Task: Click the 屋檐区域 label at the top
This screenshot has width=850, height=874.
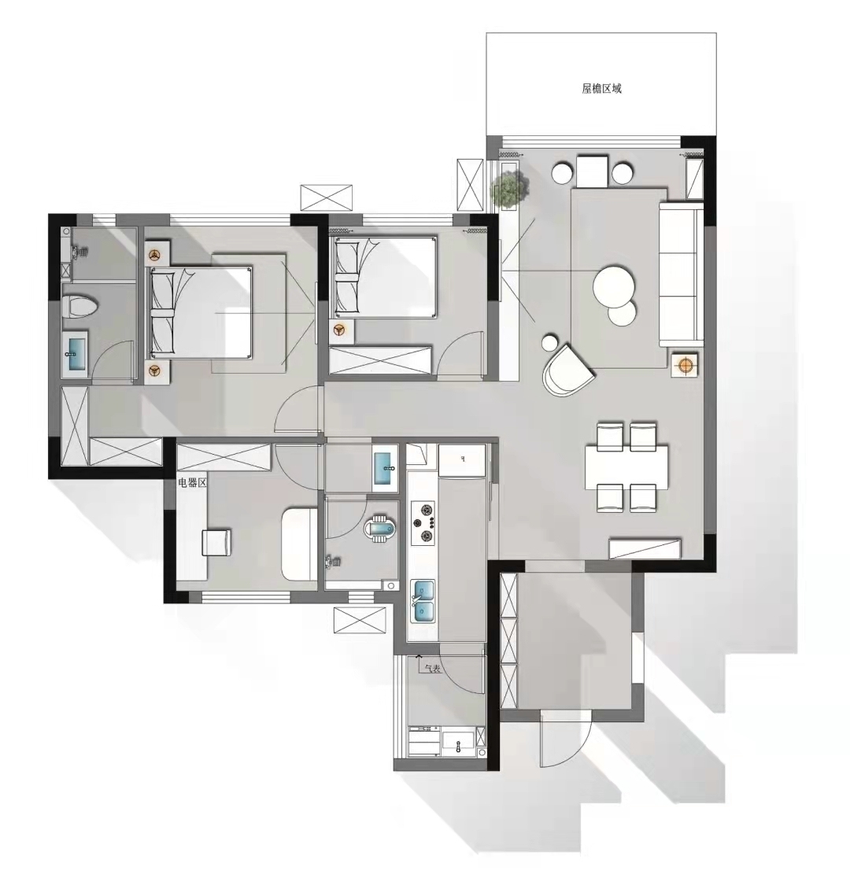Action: click(x=601, y=89)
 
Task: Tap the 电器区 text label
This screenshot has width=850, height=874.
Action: click(x=192, y=482)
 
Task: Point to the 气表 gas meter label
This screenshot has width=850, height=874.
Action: click(x=432, y=668)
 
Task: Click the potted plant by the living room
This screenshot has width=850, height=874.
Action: click(x=509, y=188)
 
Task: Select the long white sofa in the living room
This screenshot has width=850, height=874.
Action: click(x=681, y=274)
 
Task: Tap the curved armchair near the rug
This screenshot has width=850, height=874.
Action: click(x=567, y=370)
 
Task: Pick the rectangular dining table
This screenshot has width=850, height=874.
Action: click(x=626, y=467)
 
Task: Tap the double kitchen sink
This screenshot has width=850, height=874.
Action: click(x=423, y=601)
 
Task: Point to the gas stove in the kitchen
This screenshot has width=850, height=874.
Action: click(x=423, y=523)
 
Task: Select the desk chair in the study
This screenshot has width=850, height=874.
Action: click(x=216, y=542)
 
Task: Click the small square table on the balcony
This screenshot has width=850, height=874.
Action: click(x=592, y=172)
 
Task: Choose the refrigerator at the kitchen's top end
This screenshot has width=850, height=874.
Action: click(x=462, y=460)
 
